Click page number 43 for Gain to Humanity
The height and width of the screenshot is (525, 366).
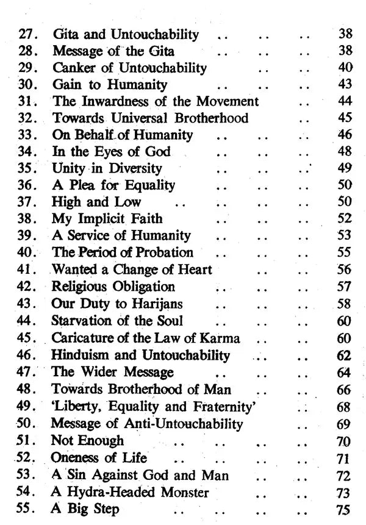pos(345,84)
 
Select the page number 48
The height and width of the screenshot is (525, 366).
pos(345,151)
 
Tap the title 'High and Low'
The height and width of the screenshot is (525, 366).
pos(97,201)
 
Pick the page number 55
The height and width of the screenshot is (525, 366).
pos(345,252)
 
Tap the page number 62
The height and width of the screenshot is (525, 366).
pos(345,354)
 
